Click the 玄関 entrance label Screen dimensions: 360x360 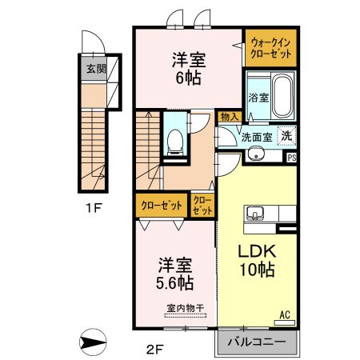(x=96, y=69)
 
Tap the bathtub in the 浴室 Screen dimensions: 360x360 (x=283, y=96)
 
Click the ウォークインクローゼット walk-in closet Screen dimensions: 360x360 (x=270, y=48)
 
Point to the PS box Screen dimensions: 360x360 (x=292, y=158)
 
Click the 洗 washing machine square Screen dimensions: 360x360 (x=287, y=136)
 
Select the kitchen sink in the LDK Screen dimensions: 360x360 (x=255, y=213)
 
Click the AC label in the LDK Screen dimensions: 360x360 (x=285, y=315)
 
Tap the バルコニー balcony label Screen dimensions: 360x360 (x=257, y=342)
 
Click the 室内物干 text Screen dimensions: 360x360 (x=186, y=309)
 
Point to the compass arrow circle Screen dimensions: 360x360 (x=93, y=342)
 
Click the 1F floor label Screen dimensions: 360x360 (x=94, y=208)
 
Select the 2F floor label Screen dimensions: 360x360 (x=154, y=349)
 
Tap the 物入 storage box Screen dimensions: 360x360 (x=230, y=117)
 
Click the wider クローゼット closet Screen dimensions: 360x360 (x=162, y=206)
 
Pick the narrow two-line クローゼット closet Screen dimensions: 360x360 (x=202, y=206)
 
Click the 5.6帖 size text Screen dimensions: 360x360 (x=174, y=283)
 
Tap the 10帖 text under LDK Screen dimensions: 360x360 (x=258, y=270)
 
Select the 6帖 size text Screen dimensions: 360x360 (x=188, y=78)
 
